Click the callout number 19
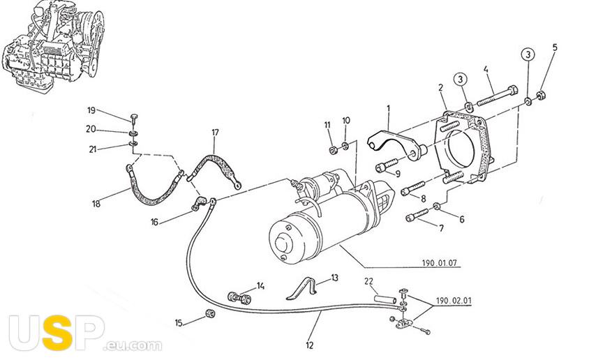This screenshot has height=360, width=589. [91, 110]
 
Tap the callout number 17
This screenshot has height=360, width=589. [215, 132]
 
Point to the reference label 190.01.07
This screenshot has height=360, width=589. [438, 264]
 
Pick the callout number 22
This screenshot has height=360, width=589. [369, 281]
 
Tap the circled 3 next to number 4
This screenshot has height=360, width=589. [461, 79]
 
